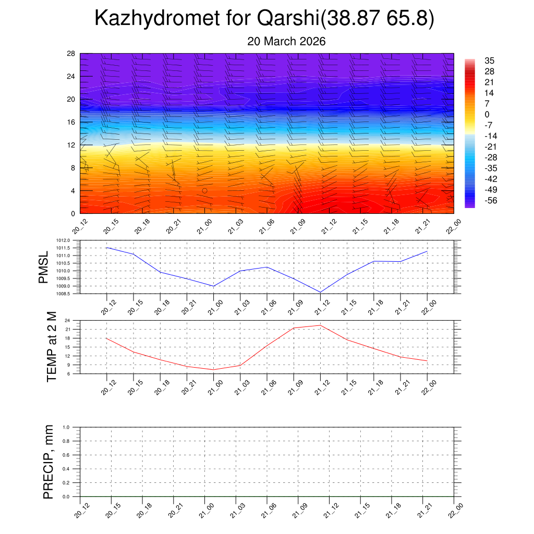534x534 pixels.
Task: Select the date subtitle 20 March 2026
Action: pyautogui.click(x=286, y=42)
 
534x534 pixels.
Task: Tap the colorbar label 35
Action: pyautogui.click(x=489, y=60)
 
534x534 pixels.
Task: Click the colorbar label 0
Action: pyautogui.click(x=487, y=115)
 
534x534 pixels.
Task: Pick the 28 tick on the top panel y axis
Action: pyautogui.click(x=71, y=54)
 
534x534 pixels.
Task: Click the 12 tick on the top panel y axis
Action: pyautogui.click(x=71, y=145)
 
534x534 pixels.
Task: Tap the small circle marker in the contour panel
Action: pyautogui.click(x=204, y=191)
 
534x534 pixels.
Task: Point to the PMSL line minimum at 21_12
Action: pyautogui.click(x=320, y=292)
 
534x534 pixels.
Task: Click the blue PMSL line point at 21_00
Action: pyautogui.click(x=213, y=286)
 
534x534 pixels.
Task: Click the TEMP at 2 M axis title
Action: pyautogui.click(x=51, y=347)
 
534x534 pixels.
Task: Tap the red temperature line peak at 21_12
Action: pyautogui.click(x=320, y=325)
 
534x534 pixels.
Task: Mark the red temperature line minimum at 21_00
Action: pyautogui.click(x=213, y=370)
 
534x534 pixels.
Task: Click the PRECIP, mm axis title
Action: pyautogui.click(x=48, y=462)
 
